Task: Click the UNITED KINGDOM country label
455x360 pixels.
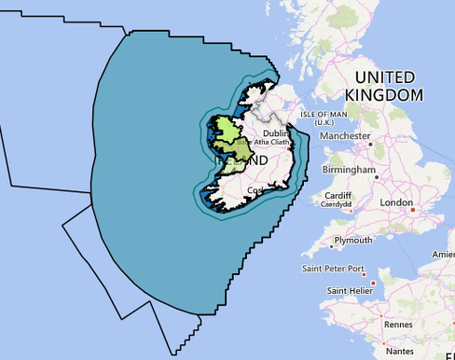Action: (x=384, y=86)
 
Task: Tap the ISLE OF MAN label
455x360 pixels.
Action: (x=324, y=116)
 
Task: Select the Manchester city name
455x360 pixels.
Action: (x=344, y=136)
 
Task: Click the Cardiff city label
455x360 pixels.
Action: (x=337, y=195)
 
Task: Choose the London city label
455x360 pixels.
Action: (x=395, y=201)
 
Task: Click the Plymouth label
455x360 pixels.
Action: (x=353, y=240)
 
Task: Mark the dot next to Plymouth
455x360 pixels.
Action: (x=329, y=249)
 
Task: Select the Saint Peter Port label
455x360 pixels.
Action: (x=333, y=270)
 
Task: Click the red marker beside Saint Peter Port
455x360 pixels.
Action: (x=374, y=282)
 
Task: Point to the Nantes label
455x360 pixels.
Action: (x=399, y=351)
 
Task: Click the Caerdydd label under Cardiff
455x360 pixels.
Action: (x=337, y=204)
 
